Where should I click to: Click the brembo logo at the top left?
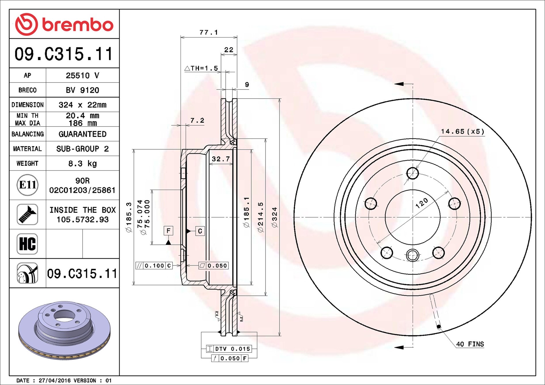(x=64, y=24)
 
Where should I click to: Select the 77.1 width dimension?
(x=209, y=32)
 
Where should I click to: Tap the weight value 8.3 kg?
(x=82, y=164)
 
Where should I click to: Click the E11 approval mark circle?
(x=27, y=185)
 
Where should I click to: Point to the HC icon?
(x=27, y=244)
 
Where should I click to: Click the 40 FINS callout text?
(x=470, y=344)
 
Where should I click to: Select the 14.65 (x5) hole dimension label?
(x=462, y=131)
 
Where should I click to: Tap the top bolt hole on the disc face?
(x=412, y=173)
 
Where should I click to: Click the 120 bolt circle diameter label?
(x=422, y=203)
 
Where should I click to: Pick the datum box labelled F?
(x=168, y=231)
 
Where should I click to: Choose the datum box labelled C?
(x=200, y=231)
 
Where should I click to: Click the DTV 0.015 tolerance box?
(x=229, y=349)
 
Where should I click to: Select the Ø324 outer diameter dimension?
(x=275, y=217)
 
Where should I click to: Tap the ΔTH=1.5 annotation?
(x=202, y=68)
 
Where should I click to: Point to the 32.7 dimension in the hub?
(x=221, y=159)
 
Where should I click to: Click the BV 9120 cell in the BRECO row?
(x=82, y=90)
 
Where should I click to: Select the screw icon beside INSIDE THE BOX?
(x=27, y=214)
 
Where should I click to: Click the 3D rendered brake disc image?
(x=64, y=331)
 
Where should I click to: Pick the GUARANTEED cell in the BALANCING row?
(x=82, y=134)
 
